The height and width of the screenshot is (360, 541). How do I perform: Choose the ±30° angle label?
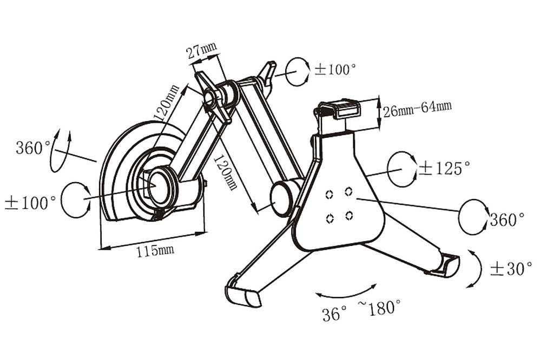[x=507, y=269]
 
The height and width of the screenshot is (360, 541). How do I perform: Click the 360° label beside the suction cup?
[x=32, y=147]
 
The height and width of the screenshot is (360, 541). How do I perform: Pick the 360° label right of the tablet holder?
[x=507, y=220]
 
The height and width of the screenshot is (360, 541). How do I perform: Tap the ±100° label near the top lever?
[x=335, y=70]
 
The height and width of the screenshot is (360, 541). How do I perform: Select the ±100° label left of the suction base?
[x=30, y=203]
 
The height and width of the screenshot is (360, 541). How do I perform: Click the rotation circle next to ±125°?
[x=403, y=169]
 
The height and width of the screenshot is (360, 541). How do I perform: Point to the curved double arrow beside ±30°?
[x=474, y=269]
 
